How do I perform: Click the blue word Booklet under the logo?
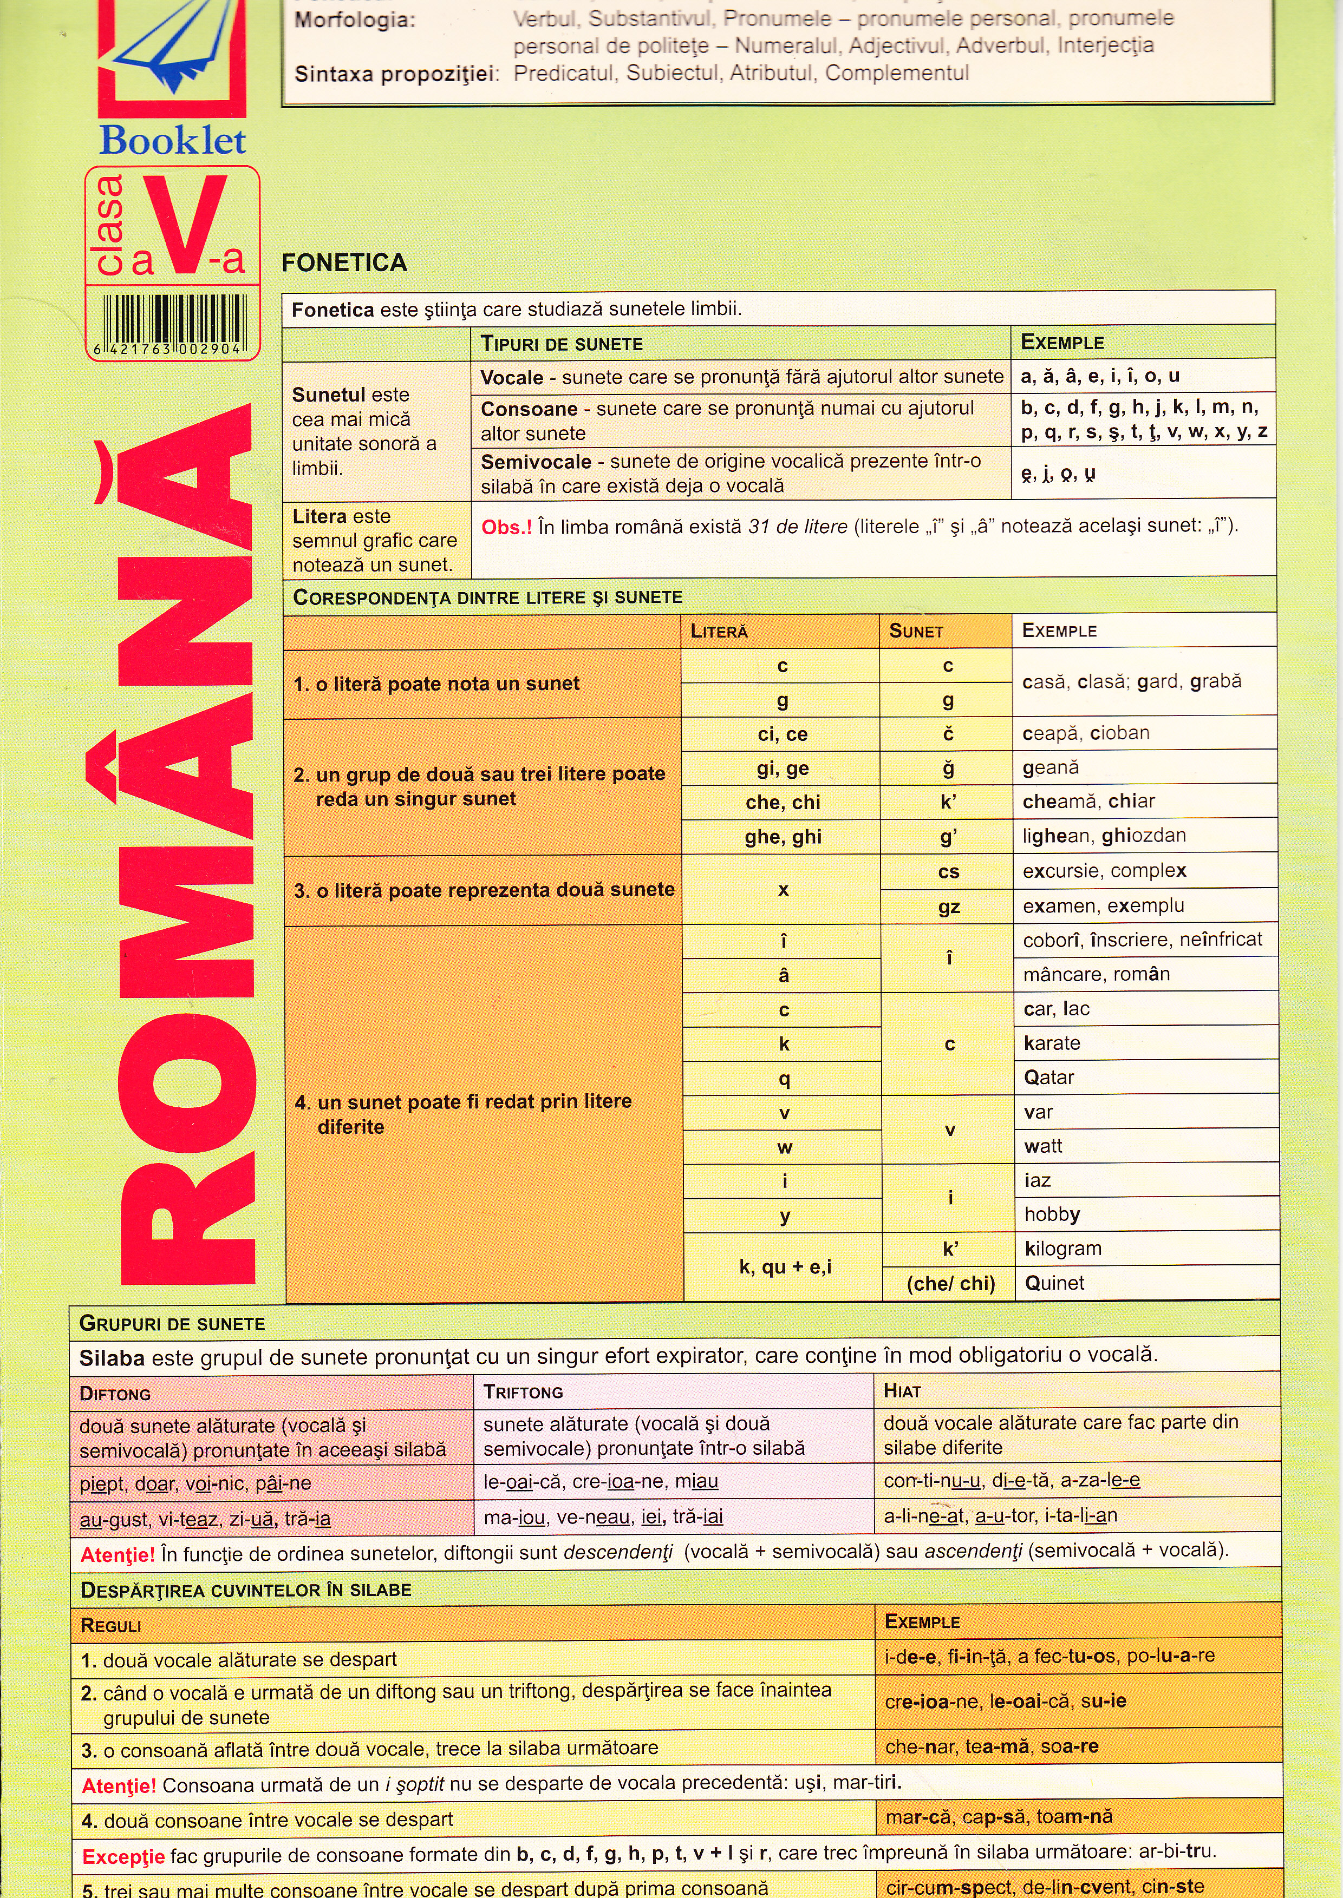click(x=172, y=141)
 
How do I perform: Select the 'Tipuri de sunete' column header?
click(x=562, y=344)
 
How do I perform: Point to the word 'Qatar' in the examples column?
click(x=1048, y=1078)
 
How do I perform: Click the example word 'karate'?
click(x=1052, y=1043)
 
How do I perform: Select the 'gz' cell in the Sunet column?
click(x=949, y=907)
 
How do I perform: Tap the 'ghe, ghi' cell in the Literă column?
click(x=783, y=837)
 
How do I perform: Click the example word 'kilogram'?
click(x=1062, y=1249)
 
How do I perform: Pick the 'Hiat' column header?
click(x=902, y=1391)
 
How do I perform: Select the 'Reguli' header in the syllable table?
click(x=111, y=1626)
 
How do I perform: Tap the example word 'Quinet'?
click(x=1054, y=1283)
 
